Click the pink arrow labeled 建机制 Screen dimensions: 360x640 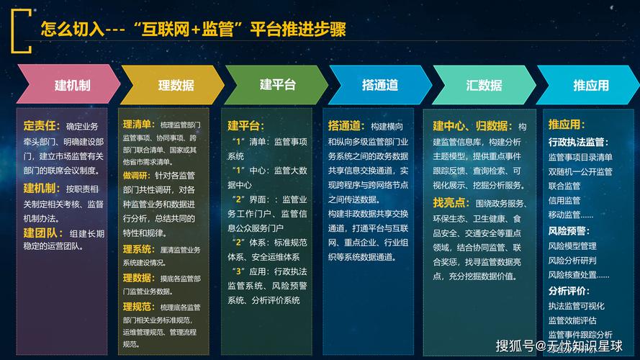click(x=69, y=85)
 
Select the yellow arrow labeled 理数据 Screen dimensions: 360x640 click(x=173, y=85)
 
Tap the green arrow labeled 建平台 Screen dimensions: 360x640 click(x=277, y=85)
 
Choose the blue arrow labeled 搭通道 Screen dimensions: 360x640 click(x=380, y=85)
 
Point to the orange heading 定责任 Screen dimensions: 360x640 click(x=42, y=125)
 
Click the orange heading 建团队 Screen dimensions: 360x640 click(x=42, y=233)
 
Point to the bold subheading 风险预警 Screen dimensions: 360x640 click(x=568, y=231)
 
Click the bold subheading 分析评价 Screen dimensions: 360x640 click(x=568, y=291)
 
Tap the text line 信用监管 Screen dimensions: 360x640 click(x=564, y=200)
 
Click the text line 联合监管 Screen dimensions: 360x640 click(x=564, y=186)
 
